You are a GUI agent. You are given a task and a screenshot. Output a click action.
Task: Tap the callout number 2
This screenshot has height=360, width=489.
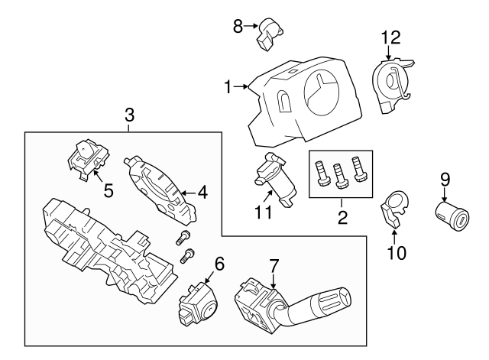(x=342, y=218)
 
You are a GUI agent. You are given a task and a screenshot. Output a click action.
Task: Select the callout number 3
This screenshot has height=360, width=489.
(x=129, y=115)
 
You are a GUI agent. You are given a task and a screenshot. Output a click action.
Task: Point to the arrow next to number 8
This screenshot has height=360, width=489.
(x=251, y=27)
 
